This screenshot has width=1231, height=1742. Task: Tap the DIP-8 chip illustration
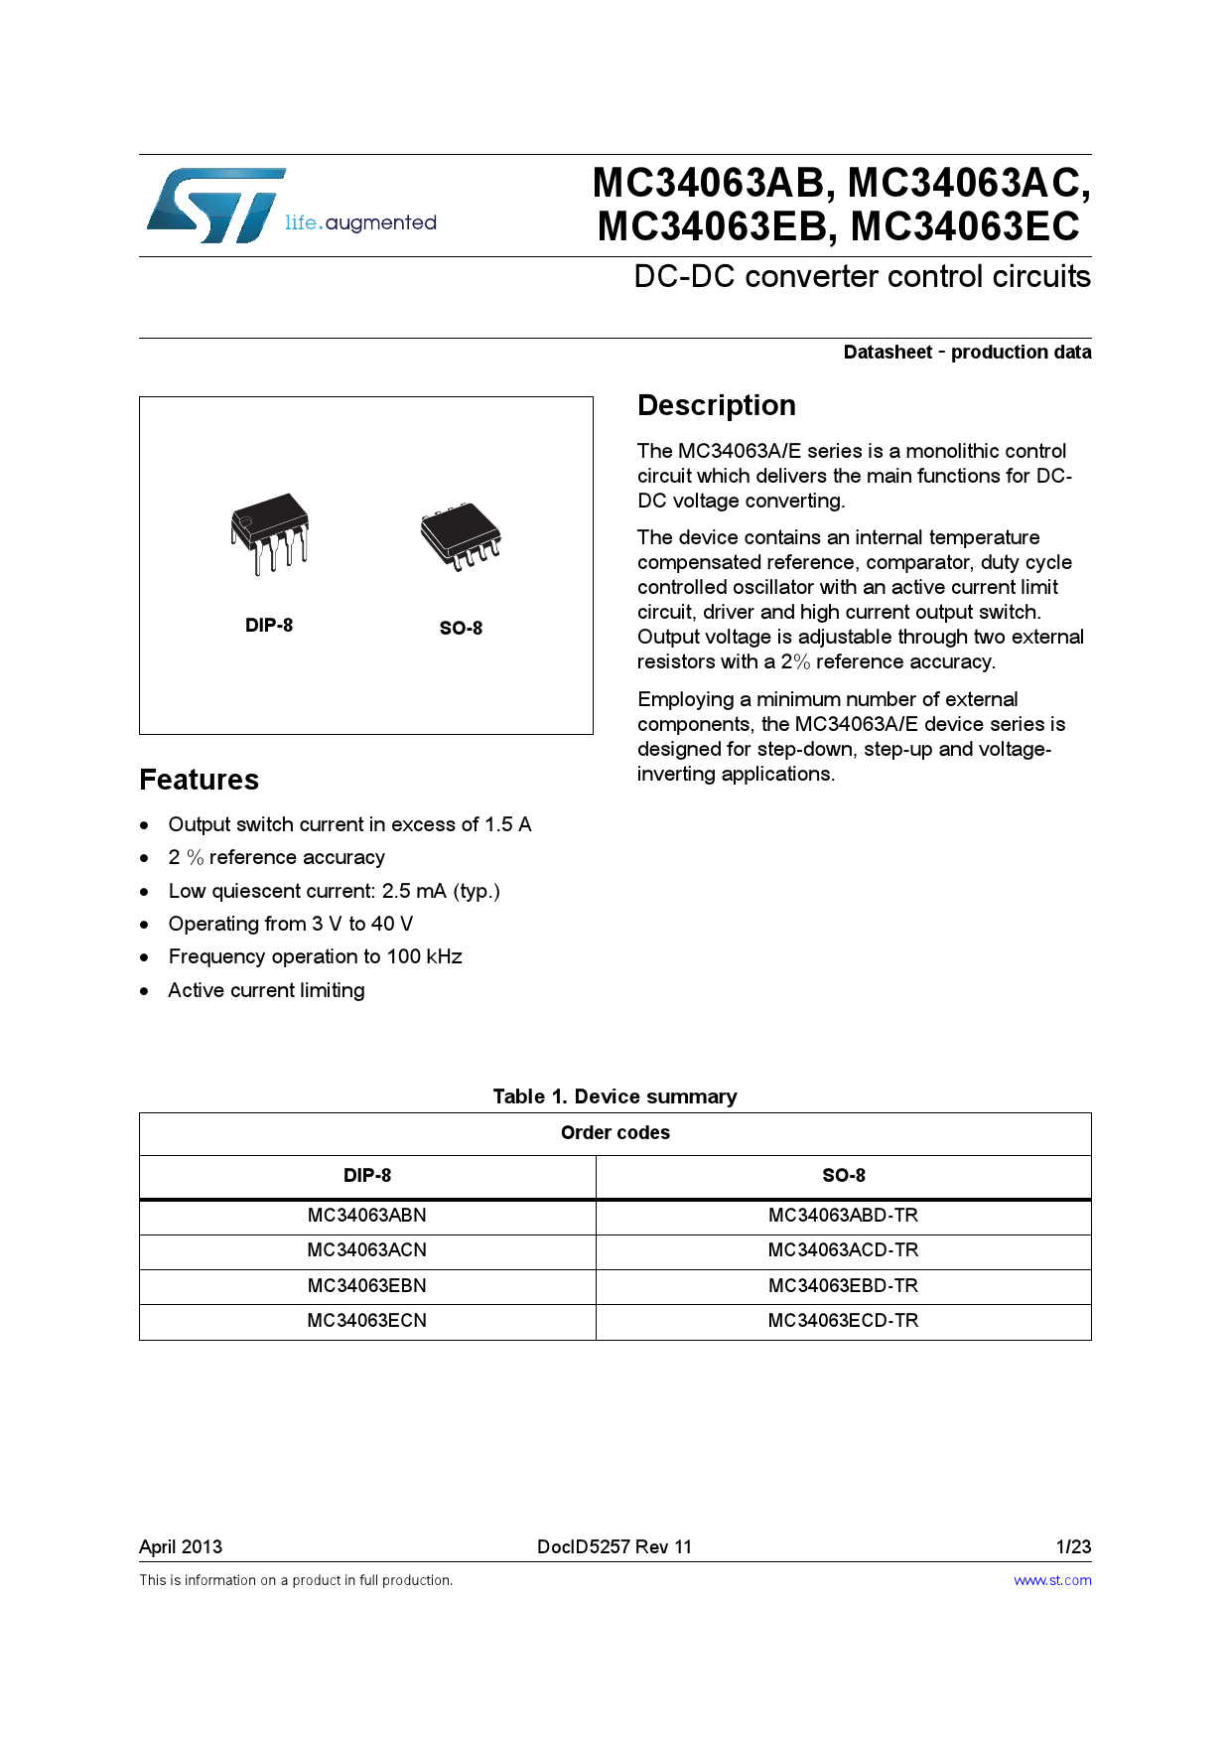[269, 534]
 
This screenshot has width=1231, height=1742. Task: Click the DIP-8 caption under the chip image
[269, 626]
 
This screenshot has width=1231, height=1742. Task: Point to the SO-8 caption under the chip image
[461, 629]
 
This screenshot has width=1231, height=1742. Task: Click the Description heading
[716, 405]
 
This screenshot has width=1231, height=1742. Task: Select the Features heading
[199, 780]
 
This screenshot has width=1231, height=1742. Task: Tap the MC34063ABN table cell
[366, 1216]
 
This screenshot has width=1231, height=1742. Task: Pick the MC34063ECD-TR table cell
[843, 1321]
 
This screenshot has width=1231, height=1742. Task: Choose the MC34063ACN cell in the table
[366, 1250]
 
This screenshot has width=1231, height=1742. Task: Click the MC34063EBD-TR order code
[843, 1286]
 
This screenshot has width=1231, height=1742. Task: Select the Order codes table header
[615, 1133]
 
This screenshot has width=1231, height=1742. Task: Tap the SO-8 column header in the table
[843, 1176]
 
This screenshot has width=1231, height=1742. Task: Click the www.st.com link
[1052, 1581]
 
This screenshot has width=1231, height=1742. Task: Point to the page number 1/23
[1073, 1547]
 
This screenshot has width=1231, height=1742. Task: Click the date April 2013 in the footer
[181, 1547]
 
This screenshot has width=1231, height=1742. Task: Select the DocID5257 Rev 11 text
[614, 1547]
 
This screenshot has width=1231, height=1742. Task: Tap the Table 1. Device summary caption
[615, 1096]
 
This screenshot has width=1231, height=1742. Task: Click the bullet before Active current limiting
[145, 991]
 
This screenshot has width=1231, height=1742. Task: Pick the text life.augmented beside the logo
[360, 223]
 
